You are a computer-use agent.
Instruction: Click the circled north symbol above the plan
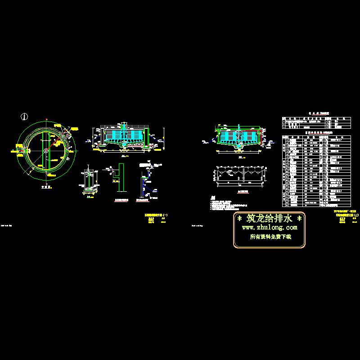[x=24, y=116]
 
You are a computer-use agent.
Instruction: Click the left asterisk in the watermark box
[x=239, y=219]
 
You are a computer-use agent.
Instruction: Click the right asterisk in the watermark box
[x=300, y=219]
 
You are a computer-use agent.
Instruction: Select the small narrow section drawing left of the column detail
[x=89, y=182]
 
